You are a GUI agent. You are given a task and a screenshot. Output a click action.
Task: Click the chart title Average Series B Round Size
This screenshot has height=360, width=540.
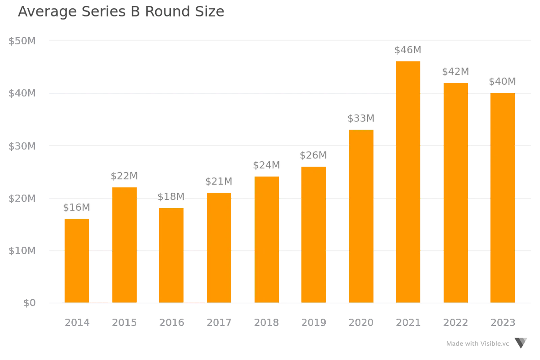121,12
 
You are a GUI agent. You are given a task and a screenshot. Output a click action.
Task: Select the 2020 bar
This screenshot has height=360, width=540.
361,216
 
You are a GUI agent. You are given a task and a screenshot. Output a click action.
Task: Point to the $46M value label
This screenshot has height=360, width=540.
408,50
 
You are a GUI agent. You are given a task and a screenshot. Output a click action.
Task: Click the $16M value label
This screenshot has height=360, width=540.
77,207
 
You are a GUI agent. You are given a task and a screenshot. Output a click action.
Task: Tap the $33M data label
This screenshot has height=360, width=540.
361,118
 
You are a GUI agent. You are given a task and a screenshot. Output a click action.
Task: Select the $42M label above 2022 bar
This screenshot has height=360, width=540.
456,72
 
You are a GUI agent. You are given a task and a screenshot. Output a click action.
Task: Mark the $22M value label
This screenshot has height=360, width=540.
124,176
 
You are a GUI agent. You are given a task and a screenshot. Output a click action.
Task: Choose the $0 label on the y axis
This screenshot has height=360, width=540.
29,303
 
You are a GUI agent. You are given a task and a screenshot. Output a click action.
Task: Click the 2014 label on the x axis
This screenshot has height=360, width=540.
77,323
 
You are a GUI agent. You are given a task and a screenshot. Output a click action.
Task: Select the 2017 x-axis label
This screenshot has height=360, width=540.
219,323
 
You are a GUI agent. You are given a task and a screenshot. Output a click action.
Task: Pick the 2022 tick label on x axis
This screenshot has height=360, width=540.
455,323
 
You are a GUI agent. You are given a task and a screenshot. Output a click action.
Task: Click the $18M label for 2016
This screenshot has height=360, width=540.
171,196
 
